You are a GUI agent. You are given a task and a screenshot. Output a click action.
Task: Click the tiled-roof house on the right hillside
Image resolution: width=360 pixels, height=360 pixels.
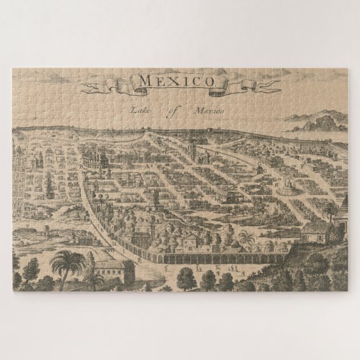click(x=315, y=229)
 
